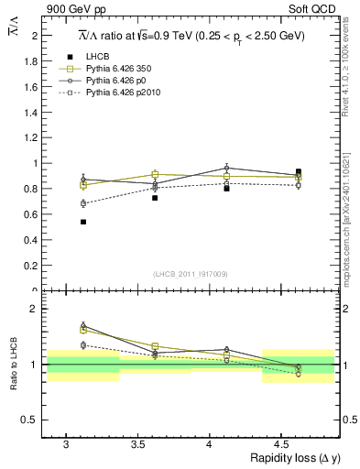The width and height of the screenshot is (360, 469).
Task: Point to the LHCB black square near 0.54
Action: coord(83,222)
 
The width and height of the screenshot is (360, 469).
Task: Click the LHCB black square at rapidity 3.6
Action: coord(155,198)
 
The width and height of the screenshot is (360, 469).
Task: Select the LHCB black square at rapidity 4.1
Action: coord(226,188)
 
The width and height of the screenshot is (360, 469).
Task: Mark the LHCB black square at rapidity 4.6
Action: coord(299,171)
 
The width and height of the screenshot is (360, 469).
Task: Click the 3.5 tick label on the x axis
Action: coord(137,444)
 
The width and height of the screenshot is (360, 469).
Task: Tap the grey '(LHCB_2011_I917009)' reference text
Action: coord(191,274)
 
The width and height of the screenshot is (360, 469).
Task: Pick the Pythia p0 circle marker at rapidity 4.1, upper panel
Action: coord(226,168)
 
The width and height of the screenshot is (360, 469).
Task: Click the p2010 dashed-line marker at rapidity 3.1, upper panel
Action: coord(83,203)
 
